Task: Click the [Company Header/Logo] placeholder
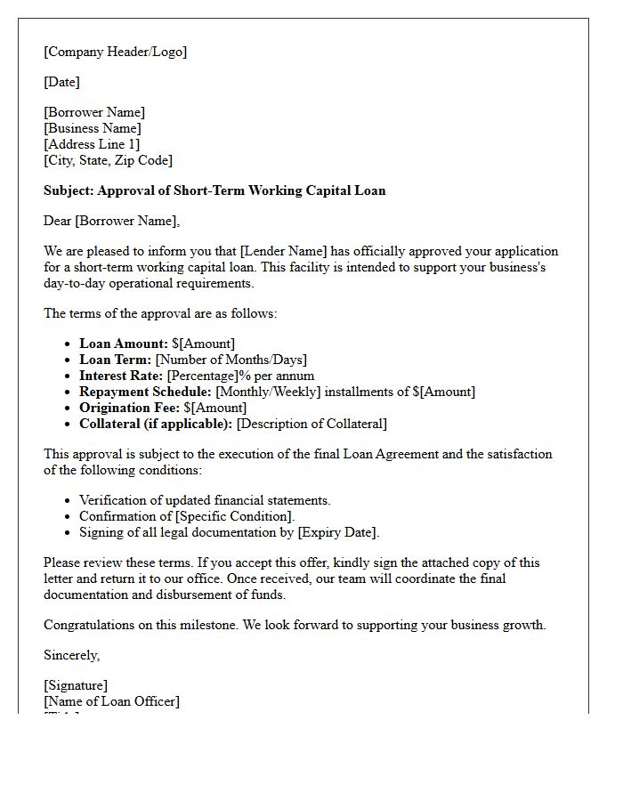click(x=116, y=52)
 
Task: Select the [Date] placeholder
click(x=61, y=82)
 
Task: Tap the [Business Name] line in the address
click(x=93, y=128)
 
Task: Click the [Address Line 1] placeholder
click(x=92, y=144)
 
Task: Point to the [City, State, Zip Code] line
click(x=108, y=160)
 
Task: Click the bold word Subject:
click(x=69, y=190)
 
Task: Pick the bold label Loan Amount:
click(x=124, y=344)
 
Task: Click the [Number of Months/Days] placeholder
click(x=231, y=360)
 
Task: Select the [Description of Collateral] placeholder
click(x=311, y=424)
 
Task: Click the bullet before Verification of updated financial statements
click(x=69, y=501)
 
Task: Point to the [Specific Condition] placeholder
click(x=234, y=516)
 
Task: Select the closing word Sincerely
click(x=70, y=655)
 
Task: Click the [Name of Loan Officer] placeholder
click(x=111, y=701)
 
